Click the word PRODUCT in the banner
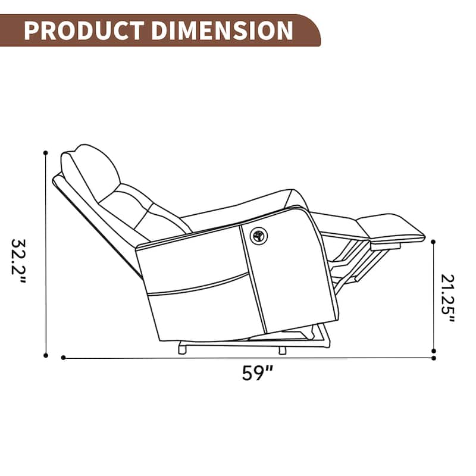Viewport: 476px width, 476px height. pos(83,30)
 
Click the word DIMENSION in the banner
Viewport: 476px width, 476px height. pos(223,30)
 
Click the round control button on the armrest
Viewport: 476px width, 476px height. pos(257,236)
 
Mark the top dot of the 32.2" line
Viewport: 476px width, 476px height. pos(45,153)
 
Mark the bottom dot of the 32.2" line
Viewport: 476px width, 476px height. pos(45,355)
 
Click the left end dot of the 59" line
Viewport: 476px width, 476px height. pos(63,358)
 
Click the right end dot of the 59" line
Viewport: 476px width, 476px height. pos(434,358)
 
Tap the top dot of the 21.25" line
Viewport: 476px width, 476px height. pos(434,242)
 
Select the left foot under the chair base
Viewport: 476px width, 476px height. pos(181,350)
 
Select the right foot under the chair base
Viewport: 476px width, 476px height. pos(283,350)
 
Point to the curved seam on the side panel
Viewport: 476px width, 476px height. pos(199,284)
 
